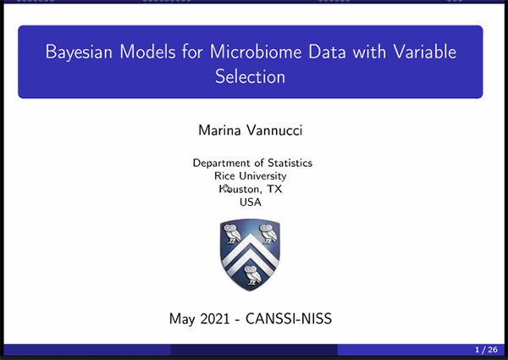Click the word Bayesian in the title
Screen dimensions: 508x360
click(79, 52)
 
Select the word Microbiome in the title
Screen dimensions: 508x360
click(256, 51)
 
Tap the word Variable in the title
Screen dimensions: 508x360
click(425, 51)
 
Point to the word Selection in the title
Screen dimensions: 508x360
click(250, 76)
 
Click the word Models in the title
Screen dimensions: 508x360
click(147, 51)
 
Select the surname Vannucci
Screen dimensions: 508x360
click(274, 130)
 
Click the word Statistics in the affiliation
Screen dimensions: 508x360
click(290, 163)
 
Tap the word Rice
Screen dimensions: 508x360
click(224, 176)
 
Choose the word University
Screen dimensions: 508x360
click(262, 176)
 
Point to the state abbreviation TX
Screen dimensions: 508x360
click(274, 189)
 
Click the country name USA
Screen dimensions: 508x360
click(251, 202)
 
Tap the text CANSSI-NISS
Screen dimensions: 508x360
click(289, 318)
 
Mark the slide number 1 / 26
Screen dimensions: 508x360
click(486, 350)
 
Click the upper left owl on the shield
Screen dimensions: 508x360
click(232, 233)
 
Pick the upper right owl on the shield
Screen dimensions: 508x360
click(268, 233)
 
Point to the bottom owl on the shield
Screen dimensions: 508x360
click(252, 275)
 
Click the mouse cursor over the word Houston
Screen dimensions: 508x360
click(226, 188)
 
